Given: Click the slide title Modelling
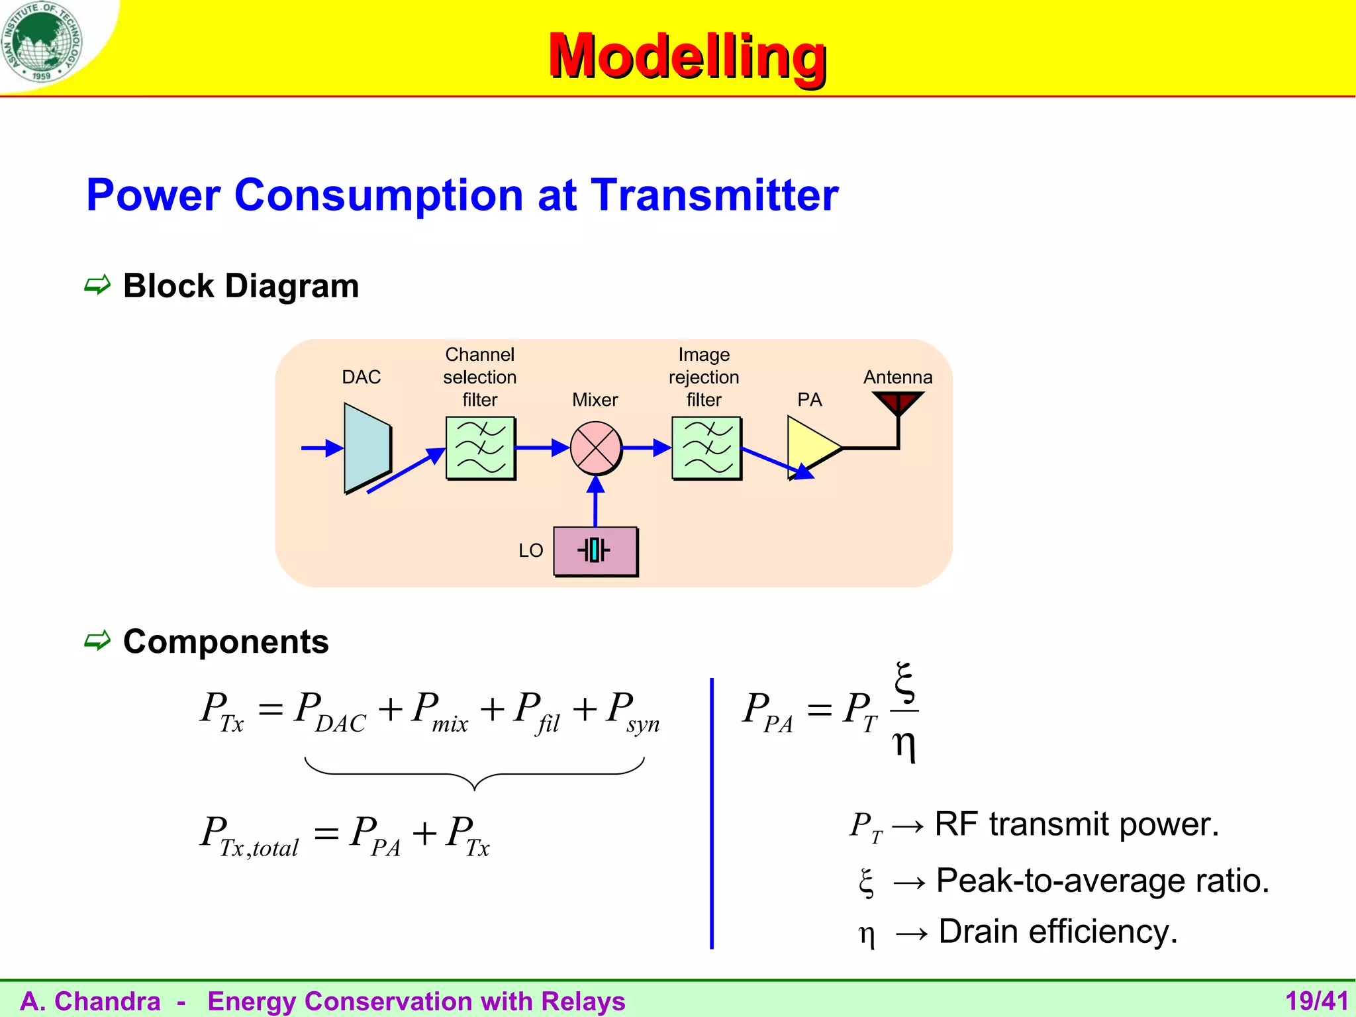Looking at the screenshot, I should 687,56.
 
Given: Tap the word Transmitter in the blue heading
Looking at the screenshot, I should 714,195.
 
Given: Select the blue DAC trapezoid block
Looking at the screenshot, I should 366,448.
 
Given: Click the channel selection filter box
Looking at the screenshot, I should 480,448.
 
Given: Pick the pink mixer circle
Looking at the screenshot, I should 596,448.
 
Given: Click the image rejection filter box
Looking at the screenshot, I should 706,448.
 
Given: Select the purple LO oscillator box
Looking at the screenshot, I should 595,551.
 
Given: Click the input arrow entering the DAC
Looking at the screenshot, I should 322,448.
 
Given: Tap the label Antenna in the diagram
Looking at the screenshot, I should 897,377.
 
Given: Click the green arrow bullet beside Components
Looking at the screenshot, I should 97,641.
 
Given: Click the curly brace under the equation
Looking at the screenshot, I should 474,775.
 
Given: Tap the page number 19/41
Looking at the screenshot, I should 1316,1001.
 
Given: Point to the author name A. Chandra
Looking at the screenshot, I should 91,1001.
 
